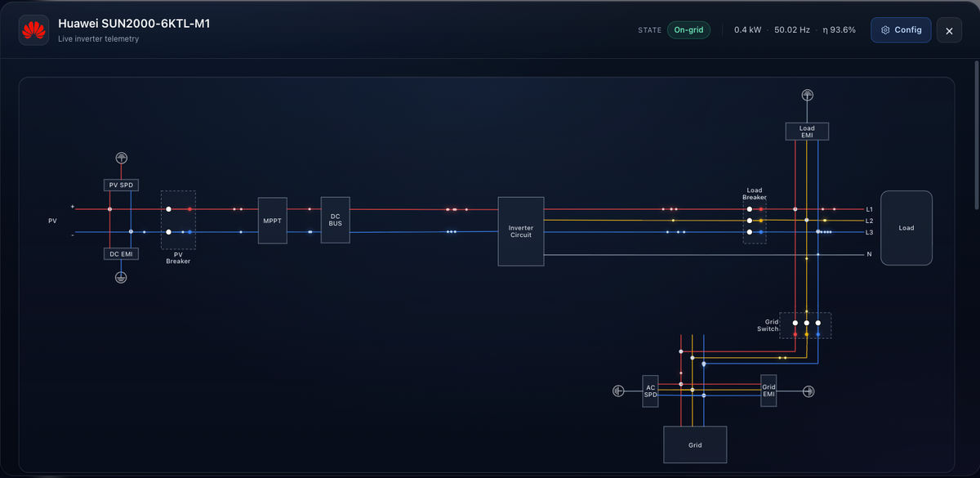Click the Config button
point(901,30)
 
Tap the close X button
point(949,31)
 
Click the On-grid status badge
point(688,30)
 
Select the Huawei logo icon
point(33,30)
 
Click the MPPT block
point(273,221)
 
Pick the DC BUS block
point(335,220)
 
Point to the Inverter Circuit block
point(521,231)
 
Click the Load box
point(906,228)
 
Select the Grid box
point(695,444)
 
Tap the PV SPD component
point(121,185)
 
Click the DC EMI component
point(121,254)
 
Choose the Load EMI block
point(807,132)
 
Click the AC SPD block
point(650,391)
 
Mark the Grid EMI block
point(768,391)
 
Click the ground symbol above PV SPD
point(121,158)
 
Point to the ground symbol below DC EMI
point(121,278)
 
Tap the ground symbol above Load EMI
point(807,95)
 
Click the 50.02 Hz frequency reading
point(792,29)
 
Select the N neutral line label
point(869,254)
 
